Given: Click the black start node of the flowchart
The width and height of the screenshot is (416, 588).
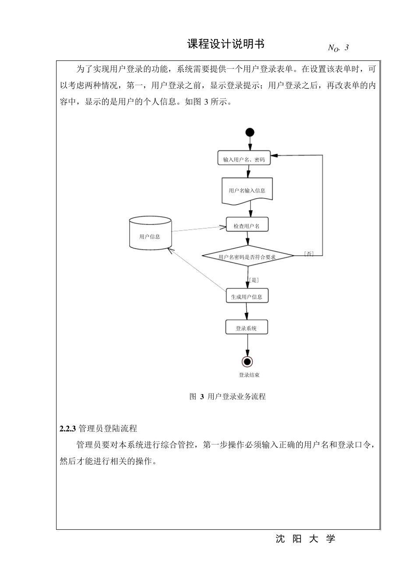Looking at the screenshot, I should (x=250, y=132).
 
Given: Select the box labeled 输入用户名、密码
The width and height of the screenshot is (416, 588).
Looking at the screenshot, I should (x=244, y=158).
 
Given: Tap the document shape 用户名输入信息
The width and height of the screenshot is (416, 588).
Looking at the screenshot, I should (x=247, y=191).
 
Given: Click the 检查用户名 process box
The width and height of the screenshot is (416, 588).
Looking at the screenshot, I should (x=247, y=225).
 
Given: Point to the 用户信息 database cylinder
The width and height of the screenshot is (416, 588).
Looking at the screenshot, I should (x=150, y=234).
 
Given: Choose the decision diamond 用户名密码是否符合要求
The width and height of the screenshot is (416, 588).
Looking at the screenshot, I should (x=247, y=256).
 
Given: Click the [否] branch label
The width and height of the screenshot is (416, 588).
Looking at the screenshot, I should (x=309, y=254).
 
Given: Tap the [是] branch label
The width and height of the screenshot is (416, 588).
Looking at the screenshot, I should (x=254, y=280).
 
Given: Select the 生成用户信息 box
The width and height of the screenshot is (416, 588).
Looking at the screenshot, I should (x=247, y=296).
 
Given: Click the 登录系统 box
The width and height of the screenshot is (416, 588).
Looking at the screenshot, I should (x=246, y=328).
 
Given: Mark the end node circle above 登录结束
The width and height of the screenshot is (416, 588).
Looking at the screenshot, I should (x=247, y=361).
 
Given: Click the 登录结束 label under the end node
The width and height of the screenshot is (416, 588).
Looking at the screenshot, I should (x=249, y=375).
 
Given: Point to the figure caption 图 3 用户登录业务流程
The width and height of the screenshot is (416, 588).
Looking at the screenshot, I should (x=228, y=397).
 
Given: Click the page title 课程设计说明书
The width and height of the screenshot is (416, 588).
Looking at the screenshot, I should (x=226, y=44).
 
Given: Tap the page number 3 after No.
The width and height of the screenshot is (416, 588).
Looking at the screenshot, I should (x=346, y=48).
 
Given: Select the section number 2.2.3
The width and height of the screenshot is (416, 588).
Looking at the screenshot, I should (x=68, y=429).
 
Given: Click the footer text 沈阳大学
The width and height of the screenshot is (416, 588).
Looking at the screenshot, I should (x=305, y=539).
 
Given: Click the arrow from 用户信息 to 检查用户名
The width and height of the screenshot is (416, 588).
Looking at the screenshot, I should (x=198, y=229).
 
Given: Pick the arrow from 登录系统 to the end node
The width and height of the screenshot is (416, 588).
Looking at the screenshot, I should (x=247, y=346).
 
